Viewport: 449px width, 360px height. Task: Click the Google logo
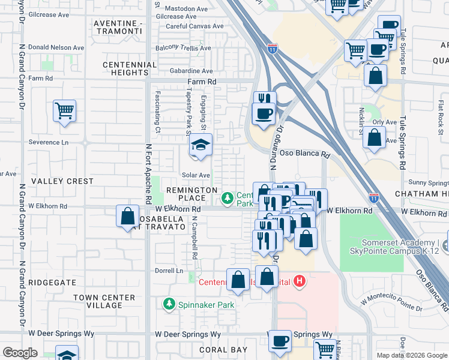[20, 353]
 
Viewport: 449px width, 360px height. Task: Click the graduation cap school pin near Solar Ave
[200, 146]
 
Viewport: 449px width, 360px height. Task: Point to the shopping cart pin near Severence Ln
[64, 111]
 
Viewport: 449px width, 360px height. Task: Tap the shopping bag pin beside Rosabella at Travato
[128, 216]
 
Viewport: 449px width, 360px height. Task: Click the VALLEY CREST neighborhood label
[62, 181]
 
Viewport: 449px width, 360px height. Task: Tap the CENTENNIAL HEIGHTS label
[125, 68]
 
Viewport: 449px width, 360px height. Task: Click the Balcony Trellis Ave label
[183, 48]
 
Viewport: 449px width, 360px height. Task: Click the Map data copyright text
[411, 355]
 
